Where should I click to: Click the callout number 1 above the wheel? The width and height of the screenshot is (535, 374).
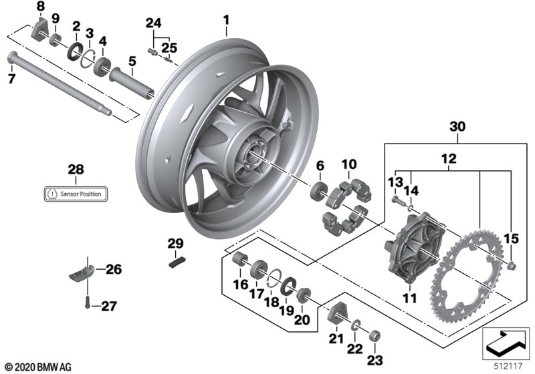[226, 20]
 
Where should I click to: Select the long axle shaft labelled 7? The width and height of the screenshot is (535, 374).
[60, 83]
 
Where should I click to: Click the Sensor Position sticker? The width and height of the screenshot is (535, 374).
[76, 194]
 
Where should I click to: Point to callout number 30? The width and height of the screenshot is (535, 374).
[457, 126]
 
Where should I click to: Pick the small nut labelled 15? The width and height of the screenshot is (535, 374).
[512, 265]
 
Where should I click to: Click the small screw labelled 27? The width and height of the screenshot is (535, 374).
[88, 302]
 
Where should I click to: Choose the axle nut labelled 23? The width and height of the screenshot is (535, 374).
[375, 336]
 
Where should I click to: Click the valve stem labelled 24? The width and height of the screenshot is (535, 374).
[152, 52]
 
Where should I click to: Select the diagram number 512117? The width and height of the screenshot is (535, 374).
[508, 366]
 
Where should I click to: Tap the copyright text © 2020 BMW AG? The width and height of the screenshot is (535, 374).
[38, 367]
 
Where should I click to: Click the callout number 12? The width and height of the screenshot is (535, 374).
[448, 158]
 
